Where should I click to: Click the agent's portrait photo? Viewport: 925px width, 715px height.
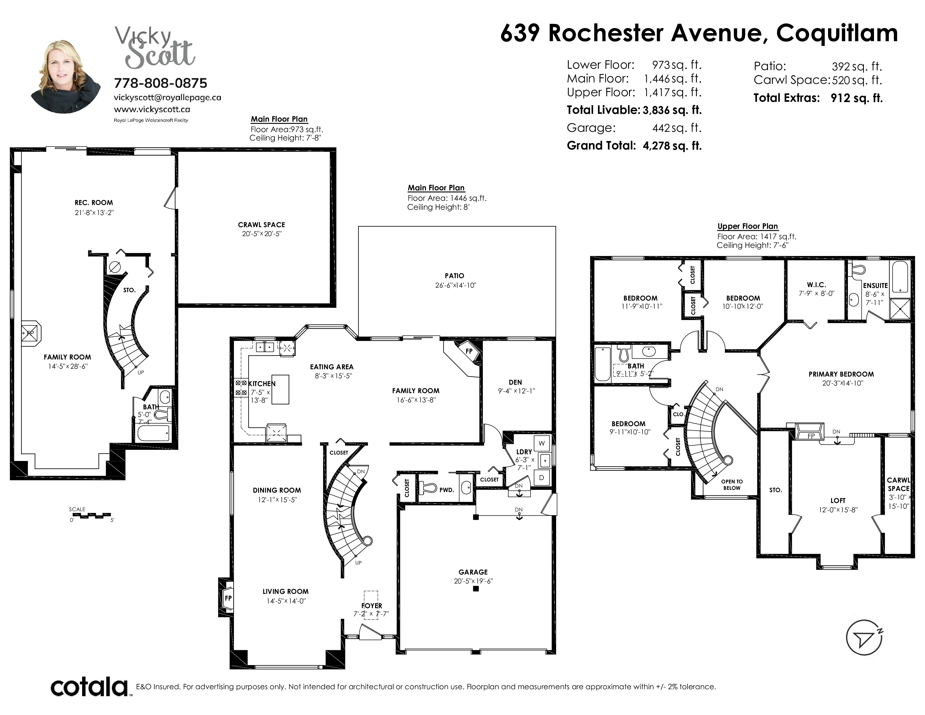point(66,76)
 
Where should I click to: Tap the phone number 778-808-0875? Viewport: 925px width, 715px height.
point(161,83)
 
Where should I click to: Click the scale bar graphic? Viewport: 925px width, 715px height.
point(92,515)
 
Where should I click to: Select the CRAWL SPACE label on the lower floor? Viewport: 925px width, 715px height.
point(261,225)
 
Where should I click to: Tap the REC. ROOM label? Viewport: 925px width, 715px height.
point(94,202)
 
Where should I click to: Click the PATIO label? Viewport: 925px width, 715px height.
point(454,276)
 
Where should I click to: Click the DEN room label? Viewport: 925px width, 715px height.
point(515,382)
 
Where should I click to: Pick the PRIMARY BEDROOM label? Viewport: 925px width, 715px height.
point(841,374)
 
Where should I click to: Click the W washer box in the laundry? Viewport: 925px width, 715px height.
point(542,444)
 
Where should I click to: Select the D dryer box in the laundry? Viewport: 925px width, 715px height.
point(542,478)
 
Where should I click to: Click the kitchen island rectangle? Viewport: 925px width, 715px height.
point(280,389)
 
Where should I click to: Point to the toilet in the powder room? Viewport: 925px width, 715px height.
point(427,488)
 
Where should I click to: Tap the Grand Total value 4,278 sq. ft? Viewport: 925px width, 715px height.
point(672,146)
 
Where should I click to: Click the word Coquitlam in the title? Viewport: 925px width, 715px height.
point(837,33)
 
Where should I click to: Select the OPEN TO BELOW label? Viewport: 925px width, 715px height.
point(732,485)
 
